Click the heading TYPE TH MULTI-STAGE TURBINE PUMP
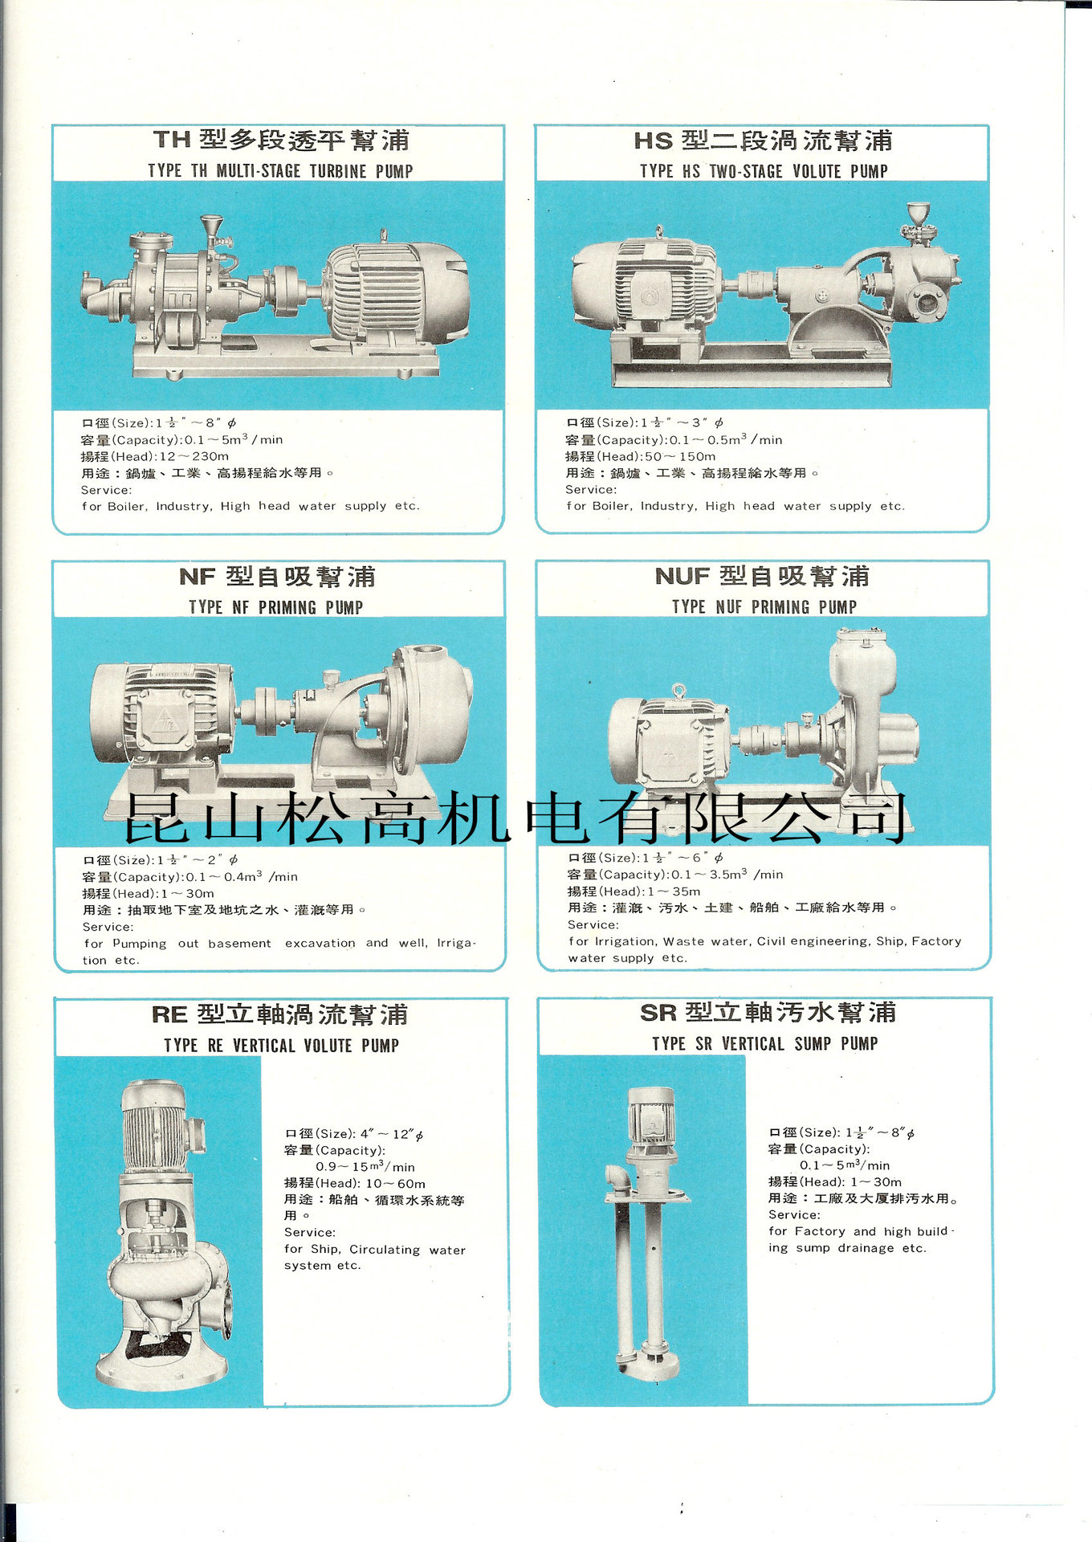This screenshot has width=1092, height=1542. click(x=280, y=171)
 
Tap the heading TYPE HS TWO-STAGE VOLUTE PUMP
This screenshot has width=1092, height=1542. click(x=764, y=171)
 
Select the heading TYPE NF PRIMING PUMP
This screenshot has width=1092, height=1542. click(x=276, y=607)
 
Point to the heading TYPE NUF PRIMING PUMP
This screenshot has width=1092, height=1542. click(x=764, y=607)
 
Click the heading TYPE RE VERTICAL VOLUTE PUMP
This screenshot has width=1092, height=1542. click(x=281, y=1045)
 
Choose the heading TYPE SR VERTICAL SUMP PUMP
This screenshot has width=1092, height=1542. click(x=764, y=1043)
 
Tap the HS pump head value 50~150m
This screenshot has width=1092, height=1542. click(x=680, y=456)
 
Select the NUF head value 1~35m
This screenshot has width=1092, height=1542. click(x=674, y=891)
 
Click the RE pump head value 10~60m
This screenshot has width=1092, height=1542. click(x=396, y=1183)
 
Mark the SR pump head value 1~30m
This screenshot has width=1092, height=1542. click(x=876, y=1181)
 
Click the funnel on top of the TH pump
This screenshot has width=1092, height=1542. click(x=212, y=224)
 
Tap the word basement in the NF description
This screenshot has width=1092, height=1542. click(x=239, y=943)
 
